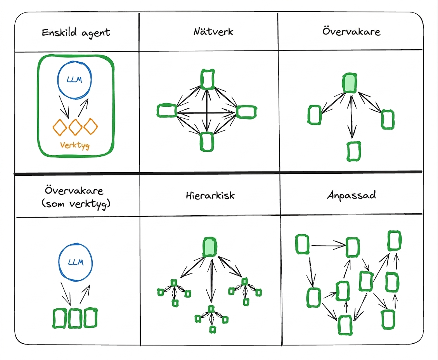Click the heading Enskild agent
point(76,33)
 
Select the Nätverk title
point(213,31)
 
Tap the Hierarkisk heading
point(210,195)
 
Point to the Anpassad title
point(351,195)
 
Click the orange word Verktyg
point(75,145)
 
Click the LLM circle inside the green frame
point(74,80)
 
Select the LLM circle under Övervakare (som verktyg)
point(75,262)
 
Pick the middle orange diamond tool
point(75,127)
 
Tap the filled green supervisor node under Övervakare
point(350,83)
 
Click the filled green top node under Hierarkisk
point(210,247)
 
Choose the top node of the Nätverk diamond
point(207,79)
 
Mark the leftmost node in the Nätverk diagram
point(167,111)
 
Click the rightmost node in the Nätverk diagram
point(246,112)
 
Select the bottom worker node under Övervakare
point(354,151)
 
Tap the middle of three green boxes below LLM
point(75,318)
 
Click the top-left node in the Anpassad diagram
point(302,244)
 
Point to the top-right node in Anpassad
point(394,241)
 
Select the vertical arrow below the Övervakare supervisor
point(351,116)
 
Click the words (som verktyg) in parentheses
point(76,204)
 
